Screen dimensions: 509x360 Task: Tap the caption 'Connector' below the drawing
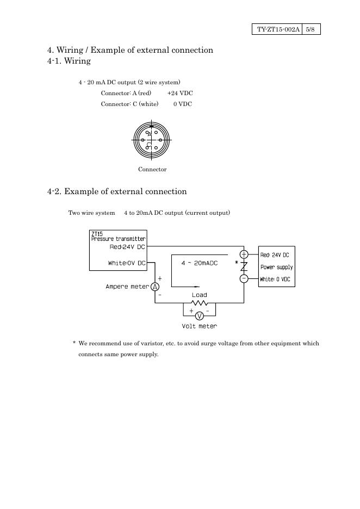coord(152,169)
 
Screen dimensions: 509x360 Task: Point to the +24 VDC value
coord(180,93)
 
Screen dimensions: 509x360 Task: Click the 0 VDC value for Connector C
coord(183,104)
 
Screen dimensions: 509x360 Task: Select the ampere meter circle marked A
coord(155,287)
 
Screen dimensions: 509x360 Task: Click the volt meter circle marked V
coord(199,316)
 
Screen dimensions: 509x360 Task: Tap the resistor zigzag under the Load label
coord(199,303)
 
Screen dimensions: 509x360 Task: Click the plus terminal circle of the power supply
coord(244,254)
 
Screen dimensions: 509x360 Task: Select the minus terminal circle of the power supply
coord(244,278)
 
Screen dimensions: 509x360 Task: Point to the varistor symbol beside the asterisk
coord(244,266)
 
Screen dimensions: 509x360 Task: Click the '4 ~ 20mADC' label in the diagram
coord(199,263)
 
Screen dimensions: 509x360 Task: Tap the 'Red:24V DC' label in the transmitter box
coord(127,246)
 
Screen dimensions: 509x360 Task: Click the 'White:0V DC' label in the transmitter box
coord(127,263)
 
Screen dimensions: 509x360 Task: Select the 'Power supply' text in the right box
coord(276,267)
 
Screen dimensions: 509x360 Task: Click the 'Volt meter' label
coord(199,326)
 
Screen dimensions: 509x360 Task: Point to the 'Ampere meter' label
coord(127,287)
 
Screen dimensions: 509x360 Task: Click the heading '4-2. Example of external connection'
coord(117,191)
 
